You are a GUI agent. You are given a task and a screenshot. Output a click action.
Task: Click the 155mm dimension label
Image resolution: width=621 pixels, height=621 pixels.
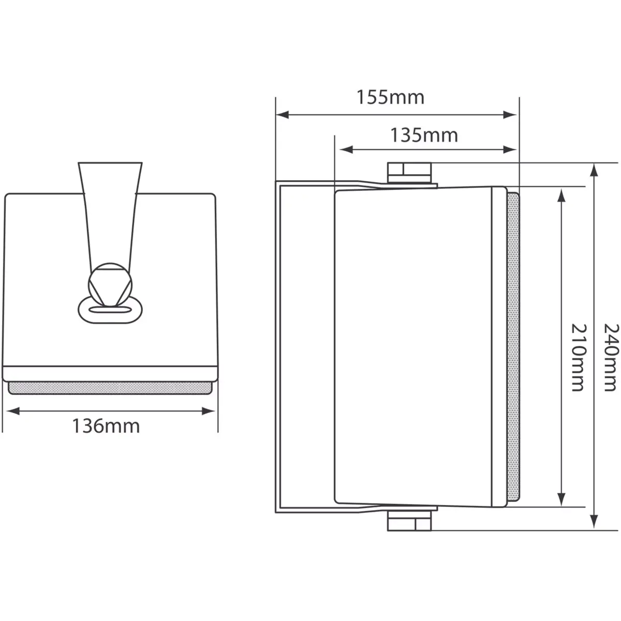(x=390, y=97)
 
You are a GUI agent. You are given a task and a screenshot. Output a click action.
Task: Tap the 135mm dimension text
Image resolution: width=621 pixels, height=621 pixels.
(x=424, y=135)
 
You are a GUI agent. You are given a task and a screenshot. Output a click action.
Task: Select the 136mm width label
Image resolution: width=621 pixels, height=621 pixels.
(x=106, y=426)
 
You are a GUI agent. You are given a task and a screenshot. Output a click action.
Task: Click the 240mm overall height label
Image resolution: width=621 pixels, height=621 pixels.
(x=611, y=358)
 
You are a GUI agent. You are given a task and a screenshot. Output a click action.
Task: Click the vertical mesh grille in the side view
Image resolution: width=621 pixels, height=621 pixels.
(x=512, y=347)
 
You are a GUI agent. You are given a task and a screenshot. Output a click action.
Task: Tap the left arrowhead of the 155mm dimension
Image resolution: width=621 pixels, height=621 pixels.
(x=282, y=115)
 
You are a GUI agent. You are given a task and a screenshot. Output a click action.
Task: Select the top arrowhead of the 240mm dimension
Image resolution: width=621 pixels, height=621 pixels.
(x=595, y=170)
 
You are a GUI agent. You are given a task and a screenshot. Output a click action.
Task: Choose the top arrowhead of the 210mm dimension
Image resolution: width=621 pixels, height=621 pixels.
(x=560, y=194)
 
